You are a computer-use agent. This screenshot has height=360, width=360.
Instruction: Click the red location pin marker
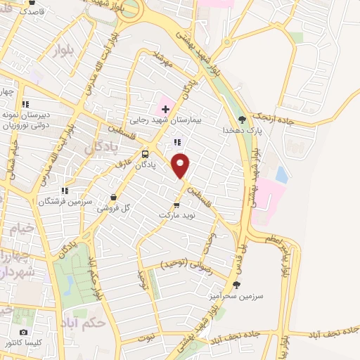click(x=181, y=165)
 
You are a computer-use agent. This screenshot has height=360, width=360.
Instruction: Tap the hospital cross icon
click(x=165, y=109)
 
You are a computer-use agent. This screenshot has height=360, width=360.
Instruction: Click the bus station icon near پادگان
click(x=145, y=155)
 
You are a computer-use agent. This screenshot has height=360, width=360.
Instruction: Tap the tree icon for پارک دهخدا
click(x=243, y=120)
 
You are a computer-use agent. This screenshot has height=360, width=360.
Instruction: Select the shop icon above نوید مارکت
click(x=176, y=205)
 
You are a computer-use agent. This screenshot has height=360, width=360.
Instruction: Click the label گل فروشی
click(x=116, y=207)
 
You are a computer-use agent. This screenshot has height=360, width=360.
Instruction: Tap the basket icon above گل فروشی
click(x=113, y=198)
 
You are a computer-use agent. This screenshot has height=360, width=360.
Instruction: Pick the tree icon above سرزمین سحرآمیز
click(x=236, y=285)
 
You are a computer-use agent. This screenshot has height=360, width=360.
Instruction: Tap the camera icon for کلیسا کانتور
click(x=24, y=332)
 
